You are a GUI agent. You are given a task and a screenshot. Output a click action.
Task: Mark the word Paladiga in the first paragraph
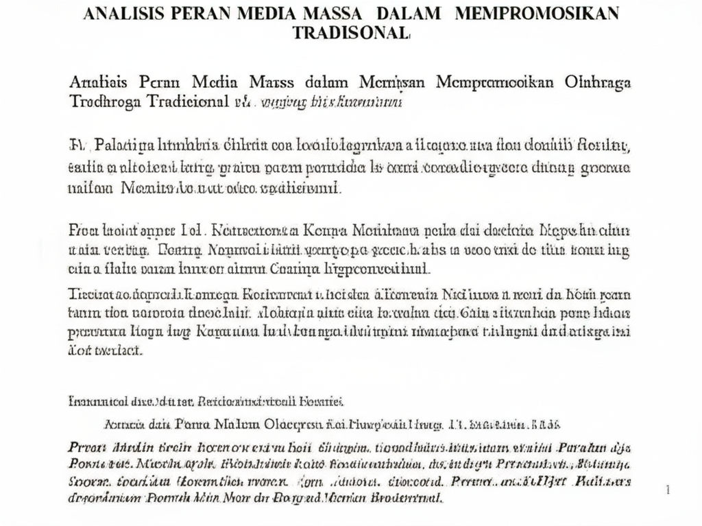tap(124, 145)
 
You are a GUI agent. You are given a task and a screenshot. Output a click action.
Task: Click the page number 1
tap(668, 489)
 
